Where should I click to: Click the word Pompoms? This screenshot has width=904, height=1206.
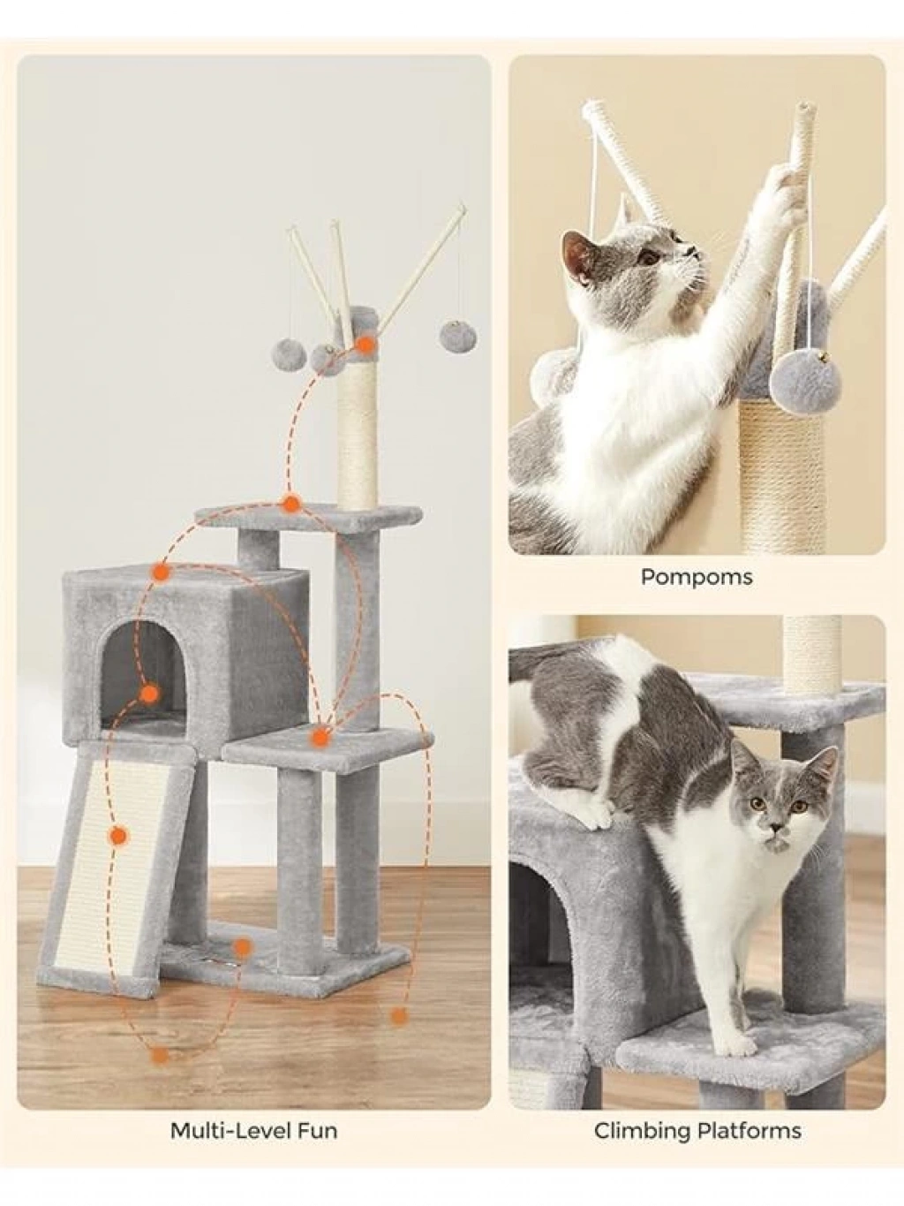pyautogui.click(x=697, y=578)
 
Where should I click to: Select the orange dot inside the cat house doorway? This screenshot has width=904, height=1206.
pyautogui.click(x=148, y=694)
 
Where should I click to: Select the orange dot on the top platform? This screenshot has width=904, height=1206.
pyautogui.click(x=291, y=503)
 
